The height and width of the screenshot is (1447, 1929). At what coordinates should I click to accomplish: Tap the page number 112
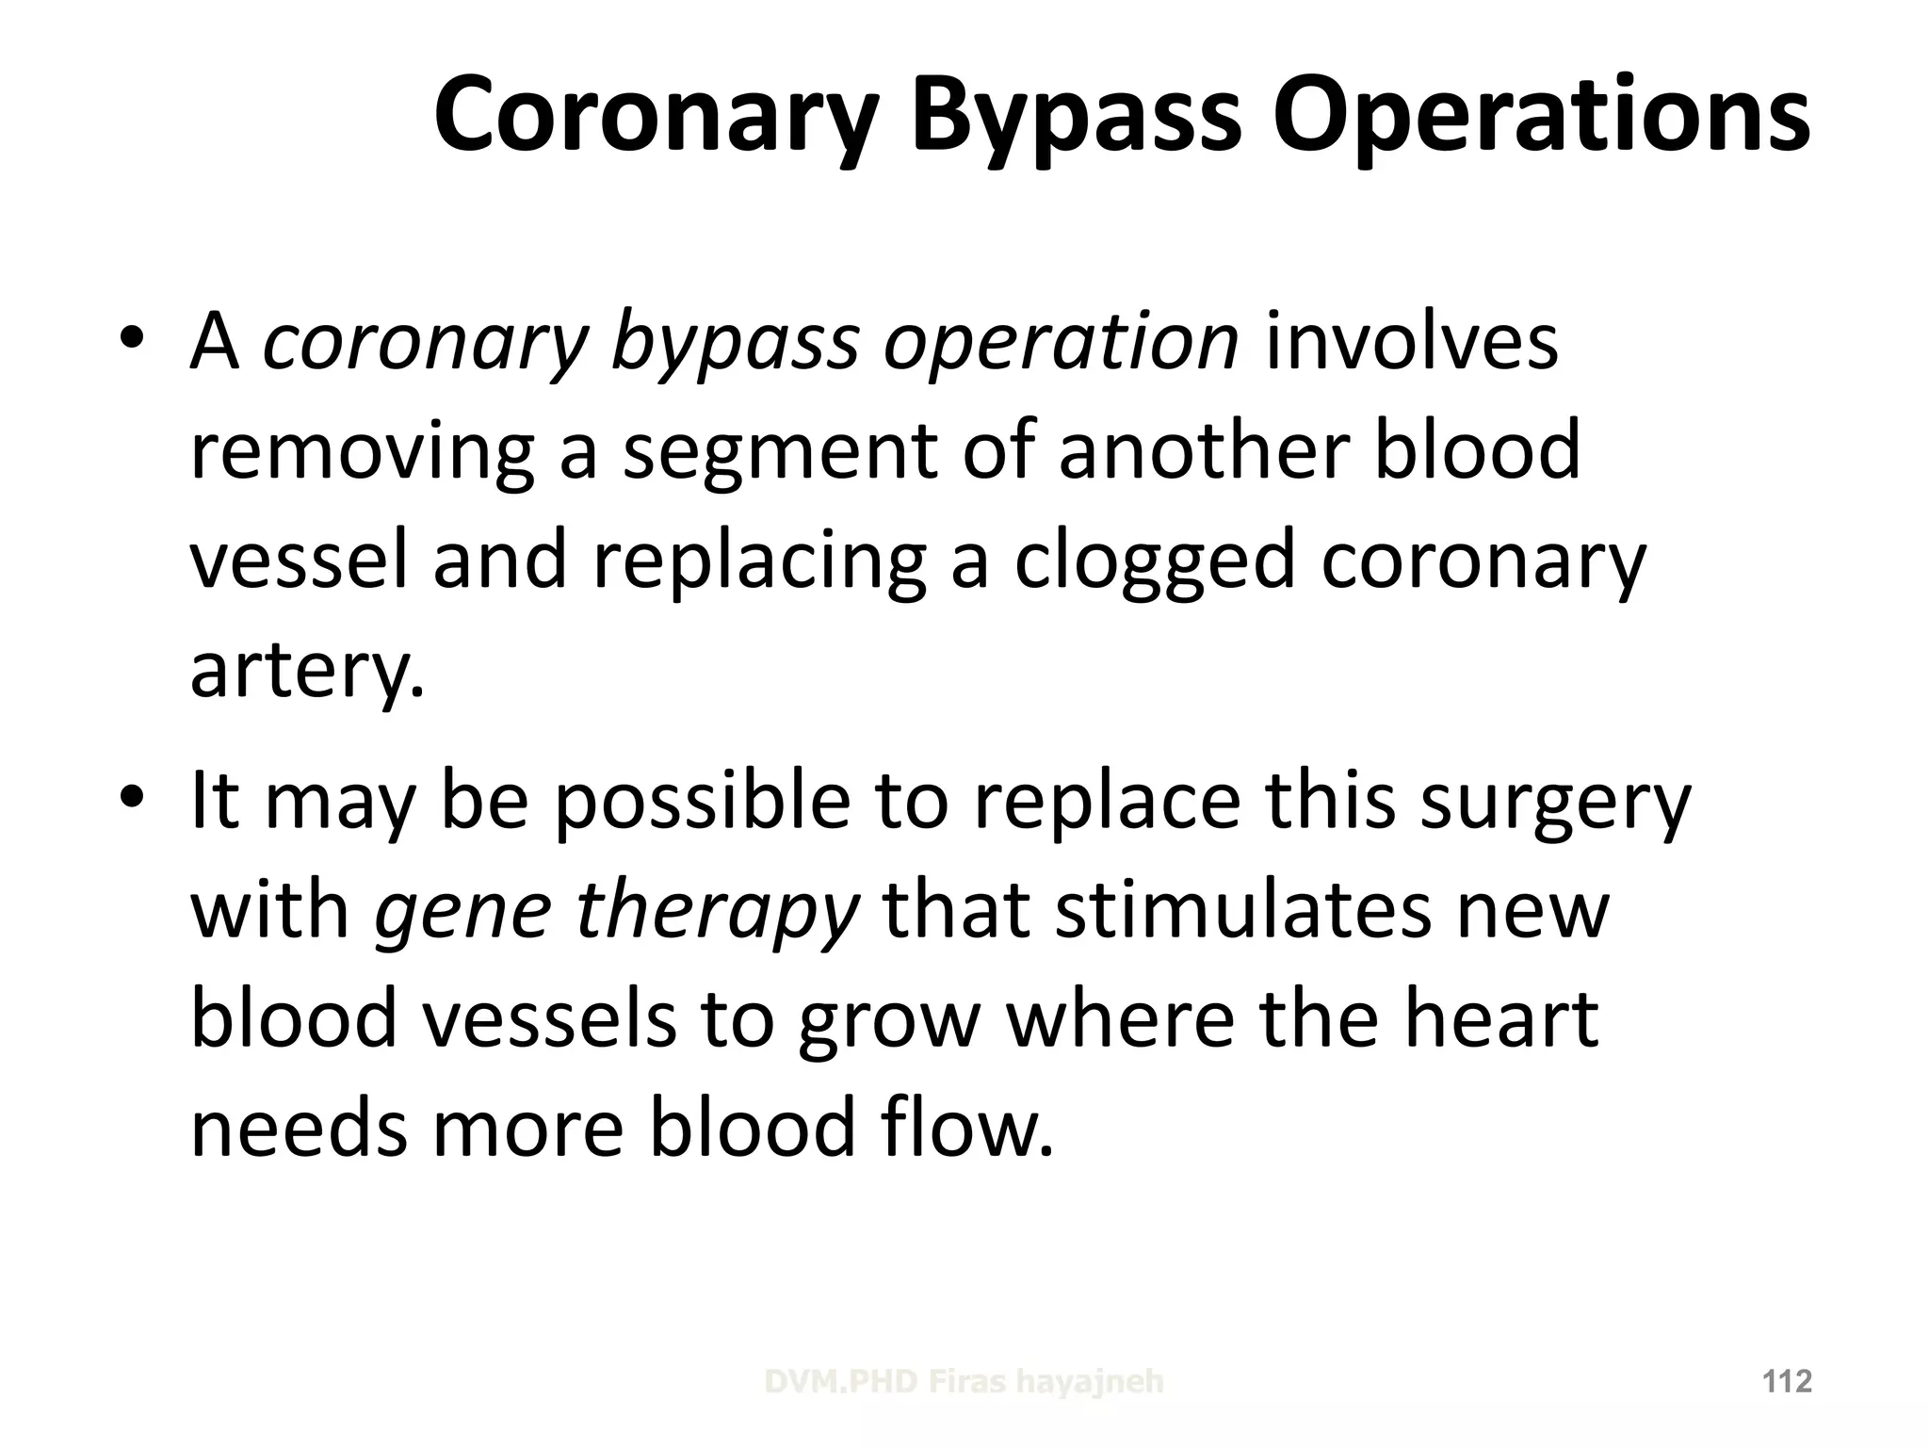1787,1382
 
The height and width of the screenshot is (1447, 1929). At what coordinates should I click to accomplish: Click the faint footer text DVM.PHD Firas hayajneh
964,1382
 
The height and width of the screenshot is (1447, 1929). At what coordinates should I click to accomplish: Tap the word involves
1411,341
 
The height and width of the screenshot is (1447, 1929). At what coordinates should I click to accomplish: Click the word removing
362,450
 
